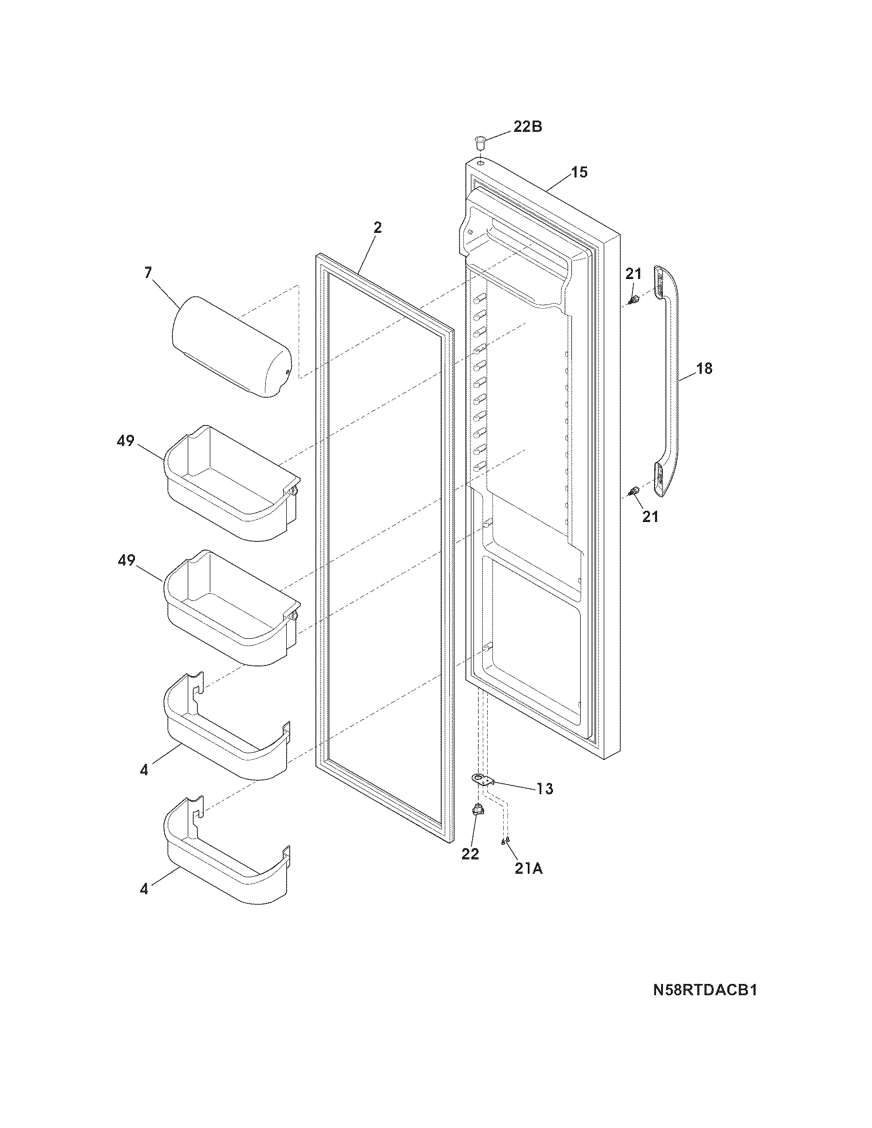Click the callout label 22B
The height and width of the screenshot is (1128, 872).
527,127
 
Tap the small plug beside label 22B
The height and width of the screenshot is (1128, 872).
481,140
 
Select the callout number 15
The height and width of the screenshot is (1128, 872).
580,172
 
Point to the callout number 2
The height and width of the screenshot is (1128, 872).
378,227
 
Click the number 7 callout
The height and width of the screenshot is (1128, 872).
148,273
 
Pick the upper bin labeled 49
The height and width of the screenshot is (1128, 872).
231,483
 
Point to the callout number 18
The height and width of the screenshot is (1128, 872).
704,368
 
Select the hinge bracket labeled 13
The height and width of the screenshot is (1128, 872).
482,793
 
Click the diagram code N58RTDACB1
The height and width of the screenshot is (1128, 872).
705,1004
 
